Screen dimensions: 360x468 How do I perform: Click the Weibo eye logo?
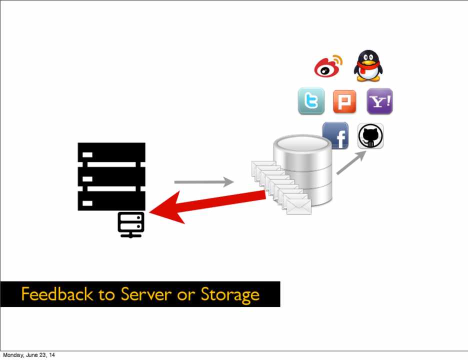pos(328,66)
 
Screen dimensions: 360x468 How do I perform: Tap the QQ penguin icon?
pos(368,65)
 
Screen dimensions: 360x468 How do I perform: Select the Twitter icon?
pos(311,101)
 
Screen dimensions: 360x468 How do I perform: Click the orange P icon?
pos(344,102)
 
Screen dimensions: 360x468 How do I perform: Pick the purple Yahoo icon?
pos(380,101)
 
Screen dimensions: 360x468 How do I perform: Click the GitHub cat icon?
pos(370,135)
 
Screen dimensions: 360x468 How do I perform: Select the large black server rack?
pos(111,176)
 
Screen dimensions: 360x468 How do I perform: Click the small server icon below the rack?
pos(131,224)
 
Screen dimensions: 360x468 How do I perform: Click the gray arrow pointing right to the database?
pos(203,182)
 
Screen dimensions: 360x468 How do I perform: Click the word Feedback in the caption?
pos(57,294)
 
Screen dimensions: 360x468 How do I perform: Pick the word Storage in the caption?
pos(230,294)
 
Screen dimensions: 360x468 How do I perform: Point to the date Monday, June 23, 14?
pos(29,355)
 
